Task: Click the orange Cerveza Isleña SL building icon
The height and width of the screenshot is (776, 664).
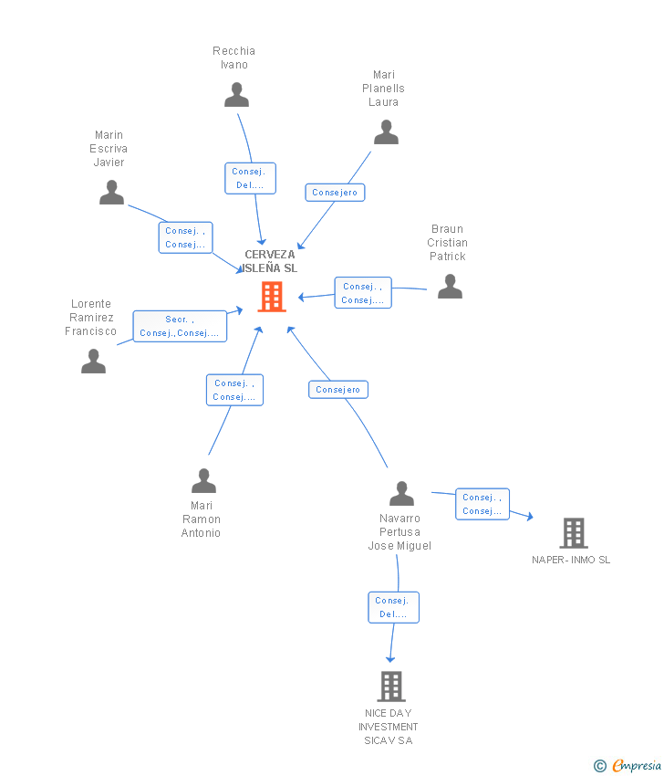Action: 272,297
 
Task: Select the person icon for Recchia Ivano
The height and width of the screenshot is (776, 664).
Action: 236,95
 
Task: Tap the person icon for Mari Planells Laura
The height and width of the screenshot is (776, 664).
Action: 386,132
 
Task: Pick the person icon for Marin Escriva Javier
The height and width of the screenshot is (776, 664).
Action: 111,193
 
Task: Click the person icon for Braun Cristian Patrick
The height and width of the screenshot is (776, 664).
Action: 450,287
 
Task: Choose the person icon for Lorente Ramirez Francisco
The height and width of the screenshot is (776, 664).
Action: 93,362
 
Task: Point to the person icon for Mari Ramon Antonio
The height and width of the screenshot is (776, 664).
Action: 203,480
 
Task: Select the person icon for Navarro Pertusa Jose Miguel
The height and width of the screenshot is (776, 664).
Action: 401,494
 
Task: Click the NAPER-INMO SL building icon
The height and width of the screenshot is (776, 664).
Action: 573,532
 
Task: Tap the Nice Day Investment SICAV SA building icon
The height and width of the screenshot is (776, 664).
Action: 390,686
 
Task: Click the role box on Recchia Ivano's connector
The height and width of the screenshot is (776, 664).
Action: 250,178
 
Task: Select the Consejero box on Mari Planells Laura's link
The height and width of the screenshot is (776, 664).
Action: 335,192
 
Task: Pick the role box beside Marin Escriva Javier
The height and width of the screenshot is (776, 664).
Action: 185,237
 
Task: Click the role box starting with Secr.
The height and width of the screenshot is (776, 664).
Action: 180,326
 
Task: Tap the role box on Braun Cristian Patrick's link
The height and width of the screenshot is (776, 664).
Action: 362,293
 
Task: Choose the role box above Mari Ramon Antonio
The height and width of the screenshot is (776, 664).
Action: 234,390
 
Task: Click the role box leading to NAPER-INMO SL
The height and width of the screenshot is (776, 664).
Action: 482,504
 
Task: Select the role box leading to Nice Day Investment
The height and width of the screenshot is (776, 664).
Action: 393,607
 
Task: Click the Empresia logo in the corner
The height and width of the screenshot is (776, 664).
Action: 628,766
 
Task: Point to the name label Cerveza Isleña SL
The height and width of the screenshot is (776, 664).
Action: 270,261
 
